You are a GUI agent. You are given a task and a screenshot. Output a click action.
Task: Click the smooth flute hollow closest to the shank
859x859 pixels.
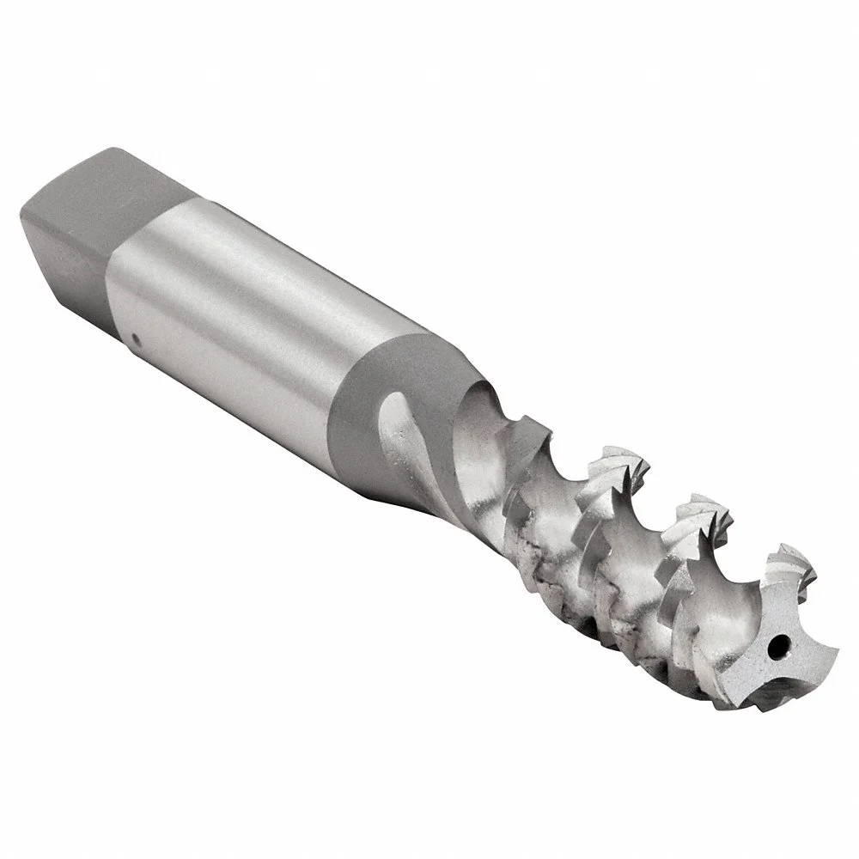tap(485, 438)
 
